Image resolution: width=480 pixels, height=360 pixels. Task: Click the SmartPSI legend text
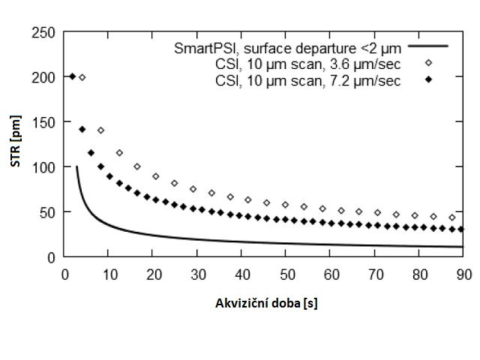[x=285, y=46]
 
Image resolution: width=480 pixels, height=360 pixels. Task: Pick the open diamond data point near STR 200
[x=82, y=77]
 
